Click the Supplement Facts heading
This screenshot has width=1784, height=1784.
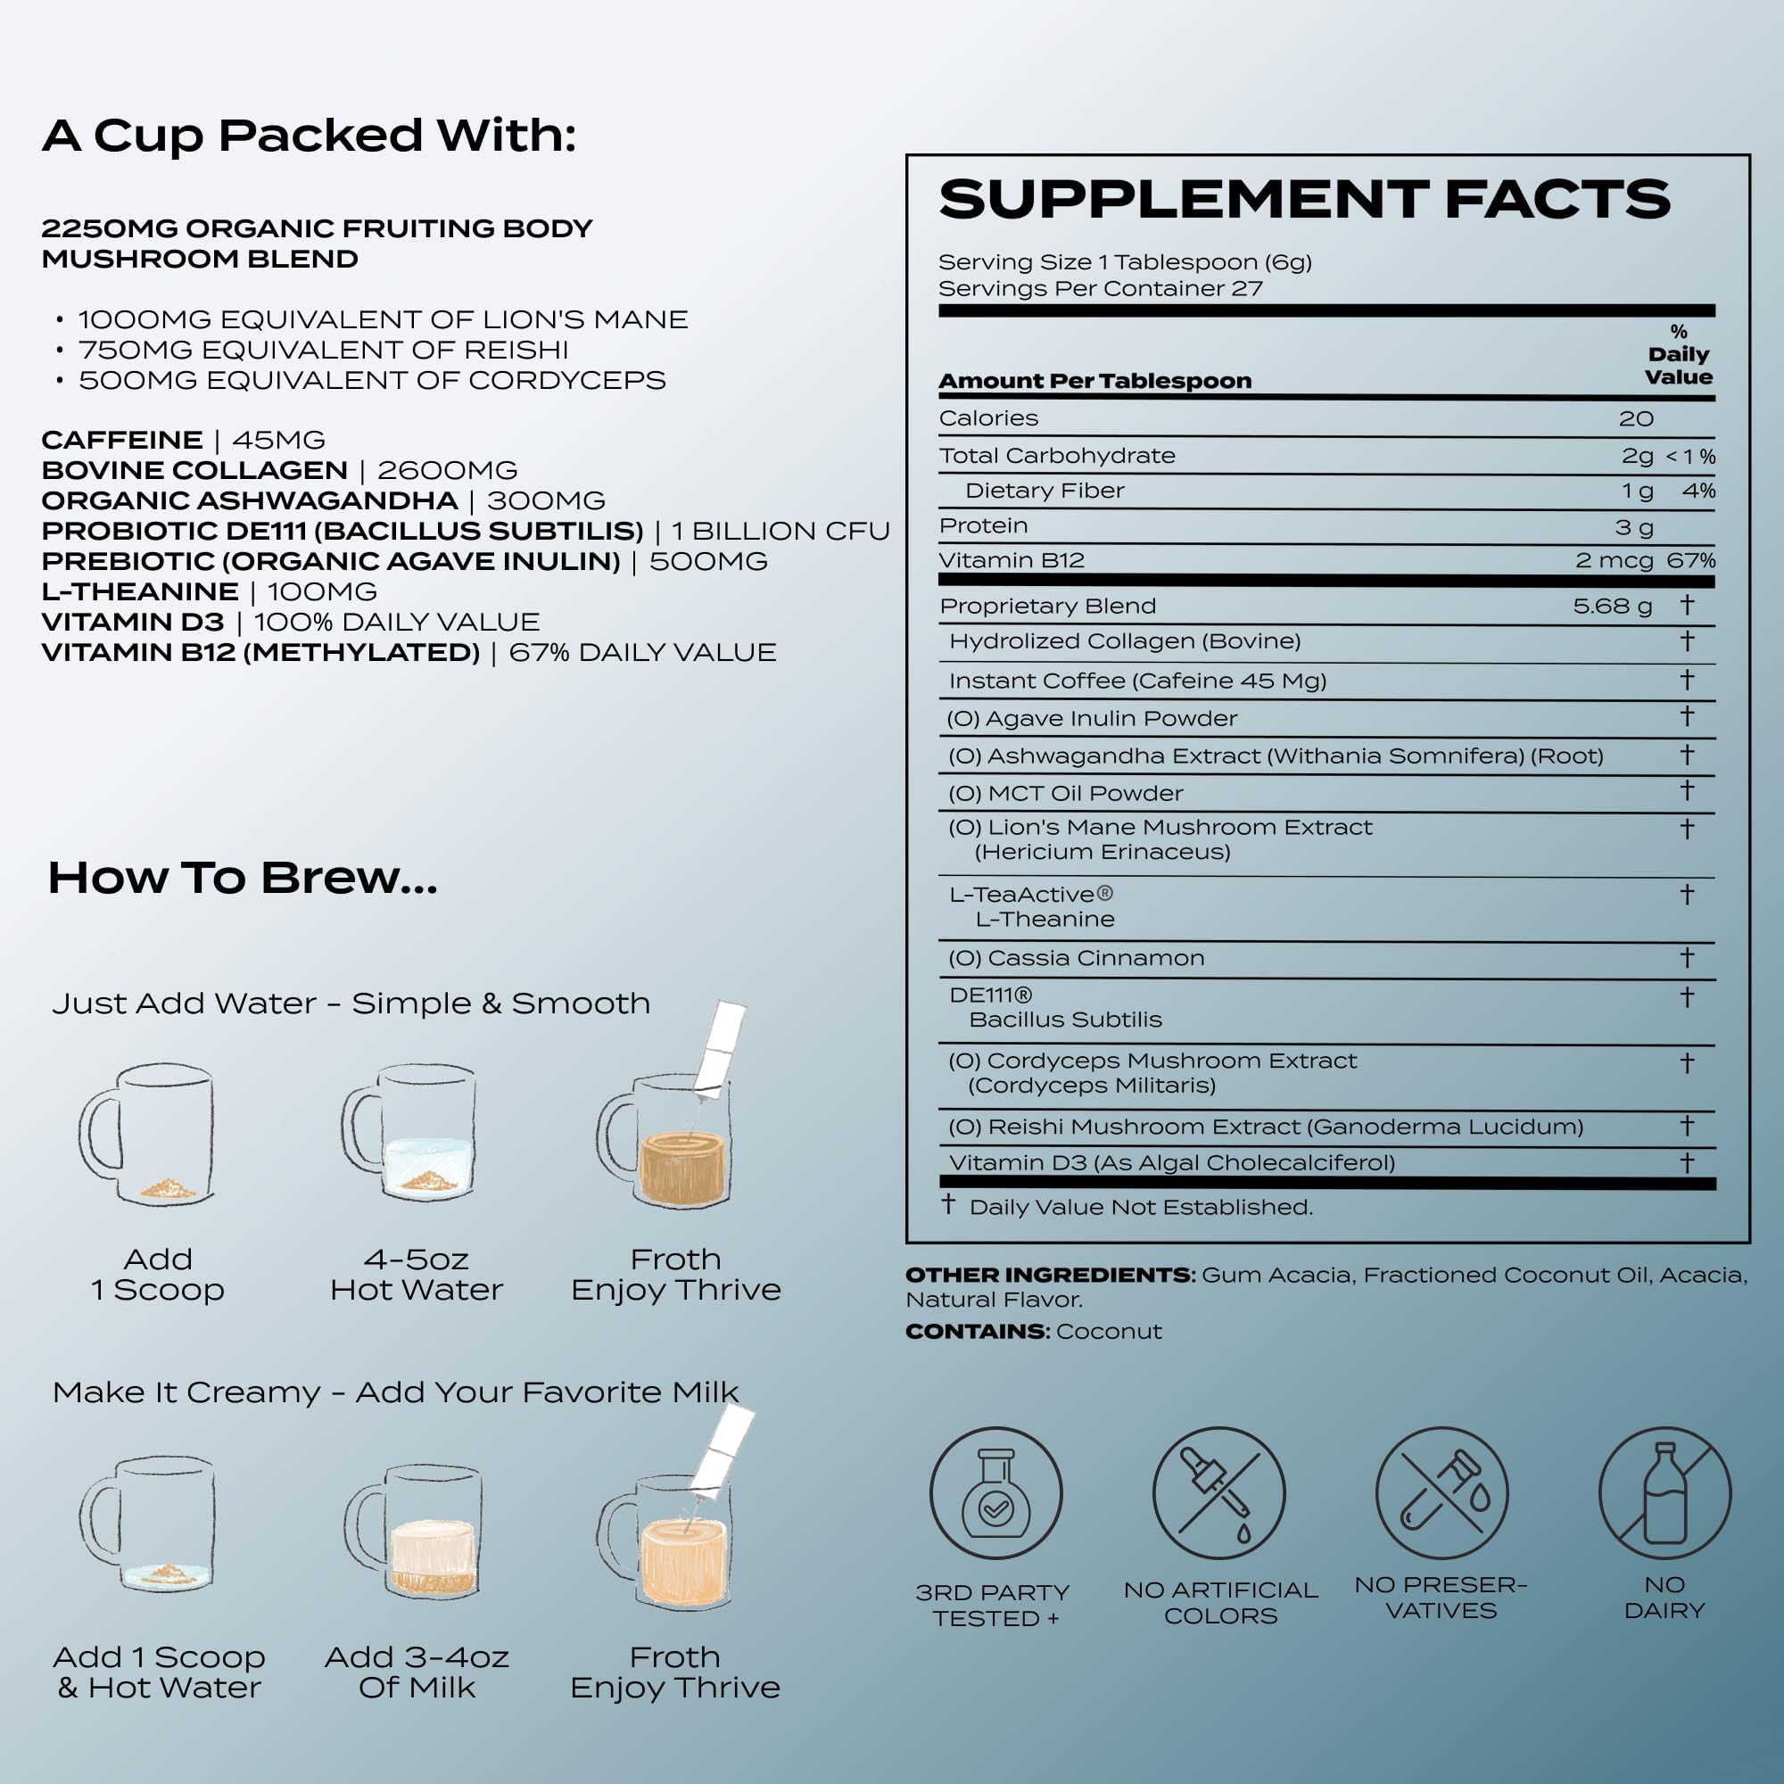(x=1304, y=200)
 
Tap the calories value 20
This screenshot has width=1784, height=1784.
(x=1635, y=419)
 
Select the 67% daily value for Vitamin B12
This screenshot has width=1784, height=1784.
(x=1690, y=560)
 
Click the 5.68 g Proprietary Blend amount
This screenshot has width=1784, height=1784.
(x=1612, y=607)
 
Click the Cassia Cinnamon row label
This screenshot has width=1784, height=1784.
(x=1076, y=959)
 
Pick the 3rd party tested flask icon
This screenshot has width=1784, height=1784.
(x=995, y=1493)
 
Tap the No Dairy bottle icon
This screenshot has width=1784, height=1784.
(x=1664, y=1493)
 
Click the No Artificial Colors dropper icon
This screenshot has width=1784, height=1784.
(x=1218, y=1493)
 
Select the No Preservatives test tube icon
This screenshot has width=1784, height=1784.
(x=1441, y=1493)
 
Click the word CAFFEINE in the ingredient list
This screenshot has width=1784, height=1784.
(x=122, y=441)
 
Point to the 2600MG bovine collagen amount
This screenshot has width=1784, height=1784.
(x=447, y=471)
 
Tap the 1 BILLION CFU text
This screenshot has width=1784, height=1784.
(x=780, y=532)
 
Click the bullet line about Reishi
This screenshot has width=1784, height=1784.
(x=323, y=350)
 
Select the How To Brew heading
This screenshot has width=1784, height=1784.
(x=243, y=877)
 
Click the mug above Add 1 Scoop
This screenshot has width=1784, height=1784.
(x=148, y=1134)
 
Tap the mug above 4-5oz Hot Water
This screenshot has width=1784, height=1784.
(x=411, y=1134)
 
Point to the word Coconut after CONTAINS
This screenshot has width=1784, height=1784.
(x=1108, y=1332)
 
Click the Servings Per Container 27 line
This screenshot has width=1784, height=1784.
(x=1100, y=289)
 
